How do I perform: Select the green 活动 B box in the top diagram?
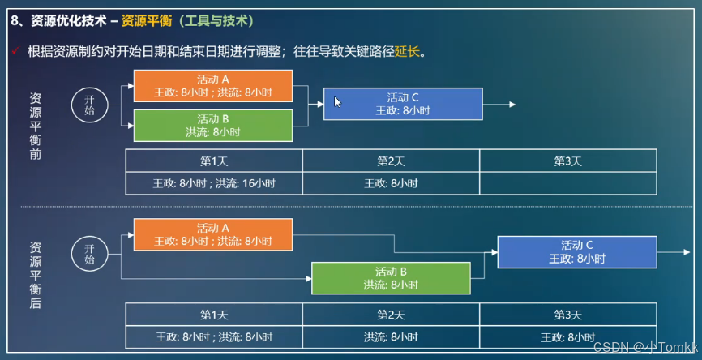click(x=212, y=126)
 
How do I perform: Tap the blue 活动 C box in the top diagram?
click(x=403, y=104)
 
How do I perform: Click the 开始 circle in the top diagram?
click(x=89, y=105)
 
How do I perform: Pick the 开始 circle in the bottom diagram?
click(x=89, y=253)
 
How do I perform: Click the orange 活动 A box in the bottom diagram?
click(x=212, y=234)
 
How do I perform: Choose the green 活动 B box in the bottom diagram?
click(x=391, y=278)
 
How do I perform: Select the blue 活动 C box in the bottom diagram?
click(x=576, y=252)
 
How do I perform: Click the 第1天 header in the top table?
click(x=214, y=161)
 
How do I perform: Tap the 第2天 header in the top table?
click(x=391, y=161)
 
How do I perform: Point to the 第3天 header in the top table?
click(x=567, y=161)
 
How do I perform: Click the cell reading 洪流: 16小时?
click(x=214, y=183)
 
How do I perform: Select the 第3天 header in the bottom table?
click(x=567, y=315)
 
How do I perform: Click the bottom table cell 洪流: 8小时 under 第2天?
click(x=391, y=336)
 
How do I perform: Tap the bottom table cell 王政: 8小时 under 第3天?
click(x=567, y=336)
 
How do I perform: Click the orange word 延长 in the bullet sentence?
click(x=407, y=52)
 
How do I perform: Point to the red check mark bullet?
click(x=15, y=51)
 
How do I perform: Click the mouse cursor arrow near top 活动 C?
click(x=337, y=101)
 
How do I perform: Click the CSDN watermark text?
click(x=645, y=346)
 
